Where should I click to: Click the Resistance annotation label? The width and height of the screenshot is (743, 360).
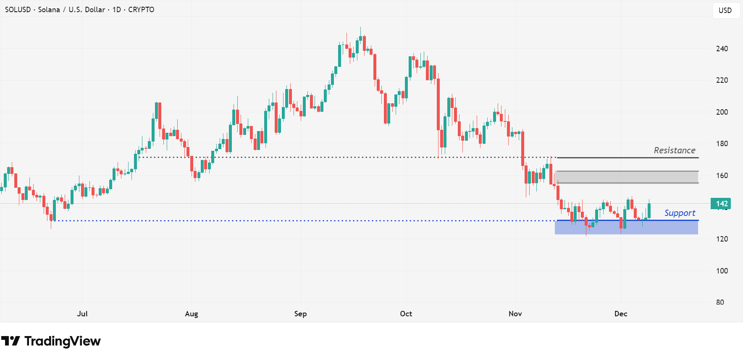674,150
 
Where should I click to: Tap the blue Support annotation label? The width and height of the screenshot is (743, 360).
679,213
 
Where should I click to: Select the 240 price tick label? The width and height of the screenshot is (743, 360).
722,49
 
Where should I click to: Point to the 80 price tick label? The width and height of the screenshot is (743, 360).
720,302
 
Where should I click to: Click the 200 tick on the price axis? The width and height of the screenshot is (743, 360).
722,112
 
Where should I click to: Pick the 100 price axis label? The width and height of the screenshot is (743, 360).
722,271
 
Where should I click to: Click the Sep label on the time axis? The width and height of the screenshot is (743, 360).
300,314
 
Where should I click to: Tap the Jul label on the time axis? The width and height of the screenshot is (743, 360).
82,314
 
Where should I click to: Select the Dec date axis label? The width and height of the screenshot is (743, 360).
620,314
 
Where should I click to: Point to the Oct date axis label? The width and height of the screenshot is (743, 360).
406,314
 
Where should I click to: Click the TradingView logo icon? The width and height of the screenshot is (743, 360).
11,341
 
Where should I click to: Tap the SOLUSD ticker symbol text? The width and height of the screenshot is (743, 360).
18,10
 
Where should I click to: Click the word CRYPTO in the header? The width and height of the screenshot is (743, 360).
141,10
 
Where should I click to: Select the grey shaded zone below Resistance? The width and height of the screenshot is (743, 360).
626,177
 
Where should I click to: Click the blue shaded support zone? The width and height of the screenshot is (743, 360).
626,227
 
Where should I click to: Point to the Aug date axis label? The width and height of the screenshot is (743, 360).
192,314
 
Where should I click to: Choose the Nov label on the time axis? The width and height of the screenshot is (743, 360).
515,314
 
